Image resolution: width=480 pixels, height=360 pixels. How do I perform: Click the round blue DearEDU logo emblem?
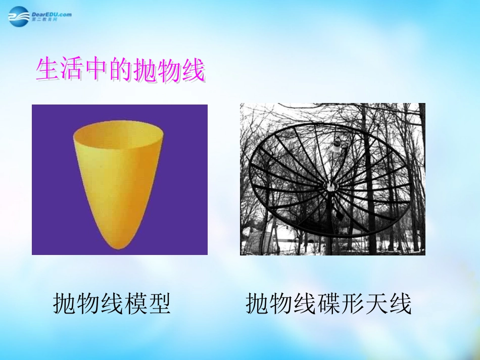click(20, 16)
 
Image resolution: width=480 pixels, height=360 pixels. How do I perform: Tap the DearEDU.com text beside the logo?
click(52, 14)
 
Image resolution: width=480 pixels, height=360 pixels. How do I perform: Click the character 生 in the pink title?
click(47, 71)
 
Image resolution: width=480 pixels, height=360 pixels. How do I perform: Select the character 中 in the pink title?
click(95, 71)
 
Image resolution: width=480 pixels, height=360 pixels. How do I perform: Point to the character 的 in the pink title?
click(120, 71)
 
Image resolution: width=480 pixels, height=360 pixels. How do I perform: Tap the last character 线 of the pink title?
click(193, 71)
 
